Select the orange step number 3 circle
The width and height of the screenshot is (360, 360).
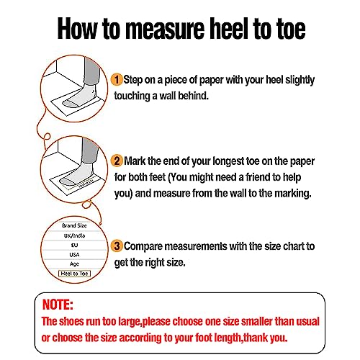[x=116, y=246]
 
